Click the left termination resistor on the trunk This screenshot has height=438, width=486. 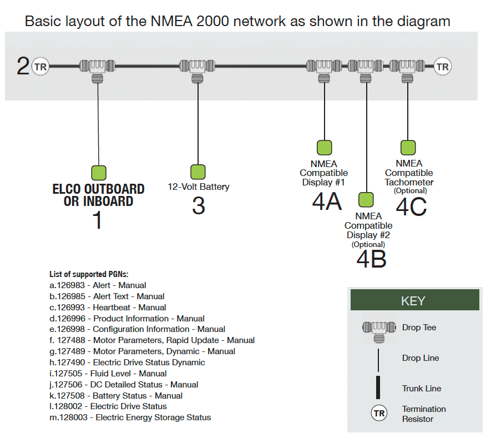point(40,67)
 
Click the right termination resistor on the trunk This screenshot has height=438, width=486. point(443,67)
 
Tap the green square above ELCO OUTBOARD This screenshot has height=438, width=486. point(98,173)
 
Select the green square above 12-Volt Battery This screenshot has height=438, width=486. point(198,172)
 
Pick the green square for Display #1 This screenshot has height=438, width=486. point(324,148)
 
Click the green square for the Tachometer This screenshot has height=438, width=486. point(408,147)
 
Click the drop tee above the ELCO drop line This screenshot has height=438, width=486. point(98,68)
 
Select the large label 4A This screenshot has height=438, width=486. point(327,201)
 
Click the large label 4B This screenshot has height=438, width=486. point(371,259)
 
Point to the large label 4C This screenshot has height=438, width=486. point(411,207)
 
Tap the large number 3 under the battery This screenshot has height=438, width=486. point(198,206)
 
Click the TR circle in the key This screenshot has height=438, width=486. point(379,414)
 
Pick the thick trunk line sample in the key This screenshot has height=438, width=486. point(378,387)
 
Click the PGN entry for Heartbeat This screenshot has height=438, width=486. point(108,307)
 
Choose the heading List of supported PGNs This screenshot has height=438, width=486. point(89,274)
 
